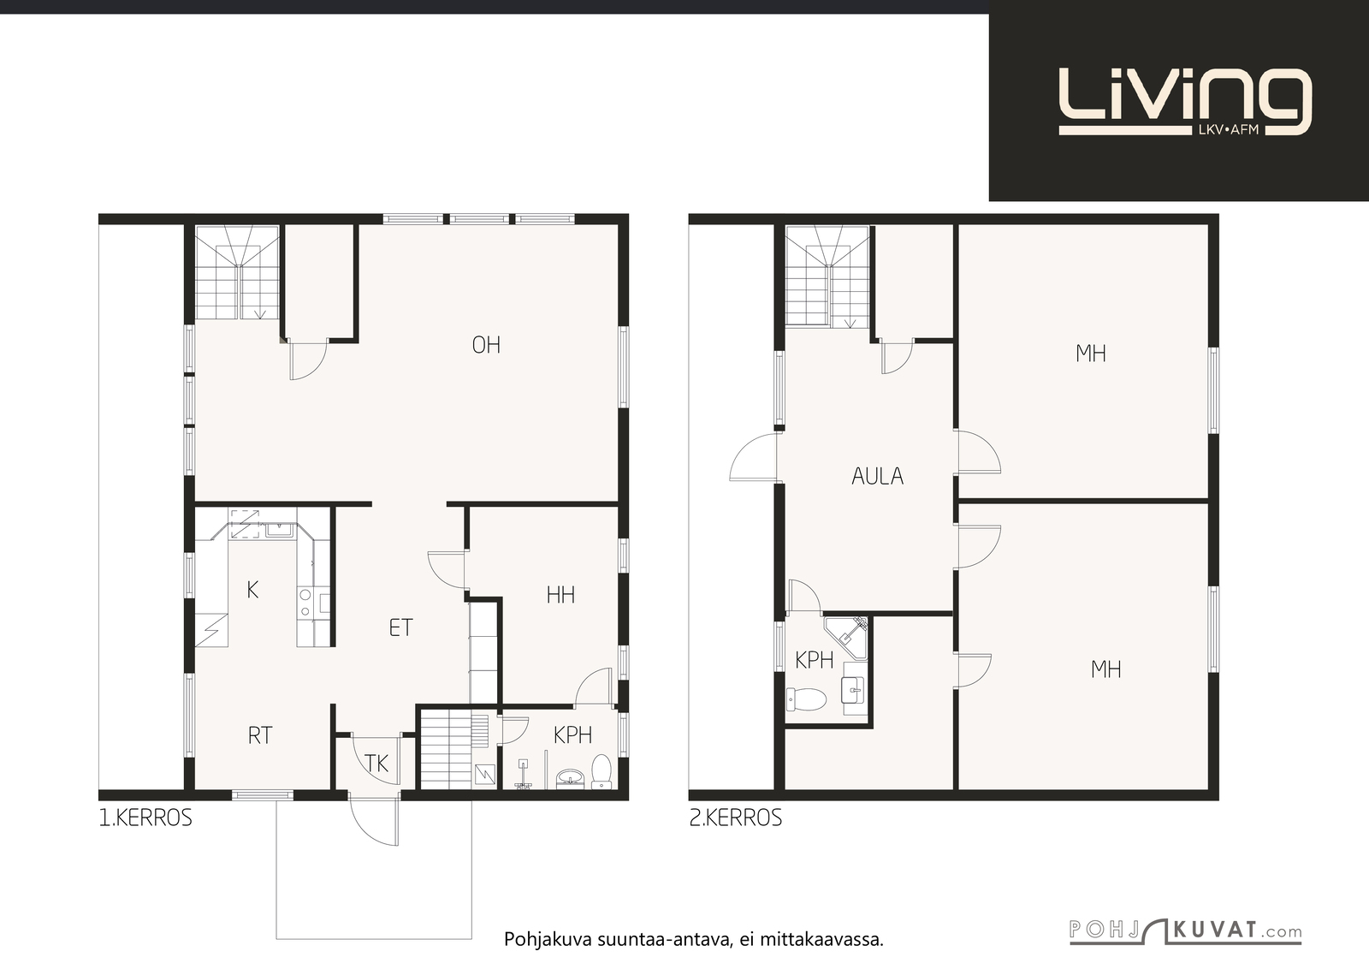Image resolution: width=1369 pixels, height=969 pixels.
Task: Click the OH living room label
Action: click(487, 346)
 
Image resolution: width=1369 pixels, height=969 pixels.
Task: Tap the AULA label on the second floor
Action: click(878, 476)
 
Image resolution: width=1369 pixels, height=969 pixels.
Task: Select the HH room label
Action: click(560, 595)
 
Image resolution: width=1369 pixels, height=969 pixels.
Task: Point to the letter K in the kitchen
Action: click(252, 590)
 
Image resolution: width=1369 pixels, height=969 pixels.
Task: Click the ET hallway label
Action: click(401, 627)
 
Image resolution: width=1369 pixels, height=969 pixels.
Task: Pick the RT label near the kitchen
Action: click(260, 735)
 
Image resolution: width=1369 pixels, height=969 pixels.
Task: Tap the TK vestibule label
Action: click(376, 763)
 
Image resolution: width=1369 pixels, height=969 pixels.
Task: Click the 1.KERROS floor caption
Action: click(145, 818)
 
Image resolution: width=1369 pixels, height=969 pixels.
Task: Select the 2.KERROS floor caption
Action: click(736, 818)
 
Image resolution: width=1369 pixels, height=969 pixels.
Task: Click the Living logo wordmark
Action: click(1185, 102)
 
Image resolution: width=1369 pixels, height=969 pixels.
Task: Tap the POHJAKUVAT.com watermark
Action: click(1186, 931)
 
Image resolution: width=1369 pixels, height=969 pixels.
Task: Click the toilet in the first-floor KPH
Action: click(602, 771)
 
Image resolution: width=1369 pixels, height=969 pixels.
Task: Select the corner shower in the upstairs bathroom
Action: click(846, 638)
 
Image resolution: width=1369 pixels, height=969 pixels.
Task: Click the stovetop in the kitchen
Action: click(305, 602)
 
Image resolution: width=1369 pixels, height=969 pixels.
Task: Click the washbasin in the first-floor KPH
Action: click(571, 778)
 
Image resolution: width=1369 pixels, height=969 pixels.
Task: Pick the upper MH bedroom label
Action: click(1091, 354)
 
